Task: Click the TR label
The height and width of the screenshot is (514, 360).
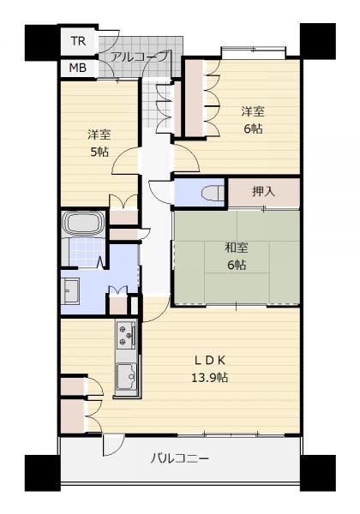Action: point(78,41)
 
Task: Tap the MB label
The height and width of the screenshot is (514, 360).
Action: point(78,68)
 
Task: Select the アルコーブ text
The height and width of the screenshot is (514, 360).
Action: point(140,57)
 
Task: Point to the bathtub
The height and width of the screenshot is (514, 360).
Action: point(83,224)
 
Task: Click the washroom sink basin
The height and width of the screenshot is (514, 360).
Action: point(69,290)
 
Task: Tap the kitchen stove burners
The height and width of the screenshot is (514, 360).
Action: point(126,335)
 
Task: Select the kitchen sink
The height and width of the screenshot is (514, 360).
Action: point(127,377)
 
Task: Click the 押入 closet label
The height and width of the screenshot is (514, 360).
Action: point(264,191)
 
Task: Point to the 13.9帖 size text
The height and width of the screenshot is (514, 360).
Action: point(209,378)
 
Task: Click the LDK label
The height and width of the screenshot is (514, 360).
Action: point(210,361)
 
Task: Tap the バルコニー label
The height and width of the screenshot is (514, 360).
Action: point(180,458)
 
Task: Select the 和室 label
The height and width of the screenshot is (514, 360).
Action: point(237,248)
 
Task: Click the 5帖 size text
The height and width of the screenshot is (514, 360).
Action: point(99,152)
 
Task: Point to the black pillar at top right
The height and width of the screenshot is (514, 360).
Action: point(318,41)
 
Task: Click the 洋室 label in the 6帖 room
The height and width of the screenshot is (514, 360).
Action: point(253,111)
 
